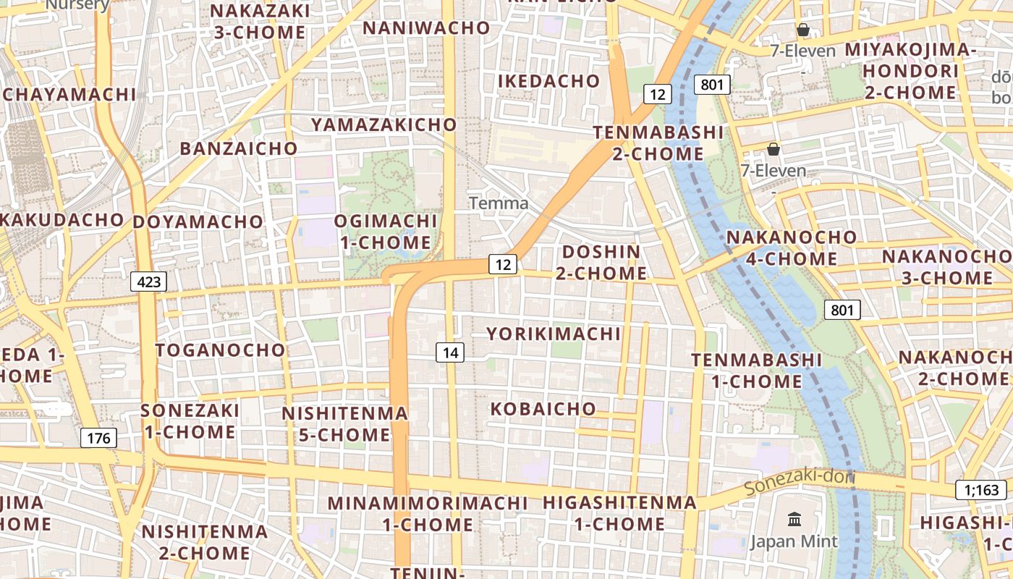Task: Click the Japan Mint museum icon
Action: click(x=794, y=519)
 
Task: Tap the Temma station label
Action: click(x=499, y=203)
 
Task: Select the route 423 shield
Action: click(x=148, y=282)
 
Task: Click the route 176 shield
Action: click(x=98, y=438)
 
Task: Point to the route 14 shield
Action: click(x=450, y=352)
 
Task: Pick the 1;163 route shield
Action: click(x=980, y=490)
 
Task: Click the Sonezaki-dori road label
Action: click(x=800, y=481)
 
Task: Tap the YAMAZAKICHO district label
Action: click(x=383, y=124)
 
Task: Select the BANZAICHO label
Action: click(x=239, y=149)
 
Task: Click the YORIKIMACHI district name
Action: click(x=554, y=334)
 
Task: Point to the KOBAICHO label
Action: click(x=543, y=409)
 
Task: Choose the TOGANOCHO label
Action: click(x=221, y=350)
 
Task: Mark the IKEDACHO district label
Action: click(x=548, y=81)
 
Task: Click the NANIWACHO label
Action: click(x=426, y=28)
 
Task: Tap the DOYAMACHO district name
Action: click(x=198, y=221)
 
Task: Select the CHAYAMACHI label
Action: click(x=69, y=95)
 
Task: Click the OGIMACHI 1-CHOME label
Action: click(x=386, y=232)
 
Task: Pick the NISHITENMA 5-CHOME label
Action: click(x=344, y=424)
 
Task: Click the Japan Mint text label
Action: click(x=794, y=541)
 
